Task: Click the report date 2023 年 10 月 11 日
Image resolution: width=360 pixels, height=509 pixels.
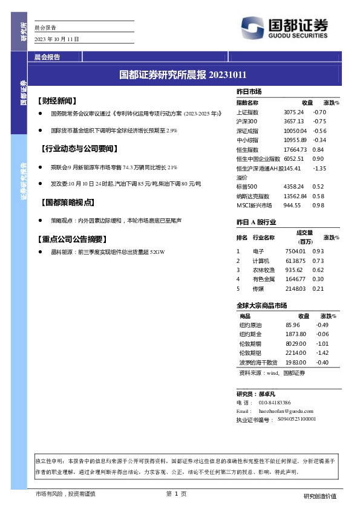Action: tap(57, 39)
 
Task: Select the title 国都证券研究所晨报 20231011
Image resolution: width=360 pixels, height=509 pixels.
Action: tap(183, 75)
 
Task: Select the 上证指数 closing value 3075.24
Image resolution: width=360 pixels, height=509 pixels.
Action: tap(293, 112)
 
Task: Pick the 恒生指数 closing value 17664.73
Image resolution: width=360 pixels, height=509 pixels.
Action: tap(296, 149)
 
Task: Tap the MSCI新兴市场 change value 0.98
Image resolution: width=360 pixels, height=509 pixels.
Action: tap(319, 206)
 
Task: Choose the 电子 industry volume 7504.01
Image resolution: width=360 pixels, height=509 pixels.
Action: tap(295, 251)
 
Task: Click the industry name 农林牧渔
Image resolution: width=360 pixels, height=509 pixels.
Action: tap(264, 270)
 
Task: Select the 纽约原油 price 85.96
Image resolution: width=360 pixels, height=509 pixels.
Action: tap(293, 325)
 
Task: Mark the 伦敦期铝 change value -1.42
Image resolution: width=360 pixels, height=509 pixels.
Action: tap(322, 352)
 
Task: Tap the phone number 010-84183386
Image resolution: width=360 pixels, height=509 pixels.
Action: tap(275, 402)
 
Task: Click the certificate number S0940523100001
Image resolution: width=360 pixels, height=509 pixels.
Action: tap(296, 418)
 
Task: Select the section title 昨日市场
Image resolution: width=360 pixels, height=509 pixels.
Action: tap(249, 91)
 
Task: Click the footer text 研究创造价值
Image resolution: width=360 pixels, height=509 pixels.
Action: tap(319, 496)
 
